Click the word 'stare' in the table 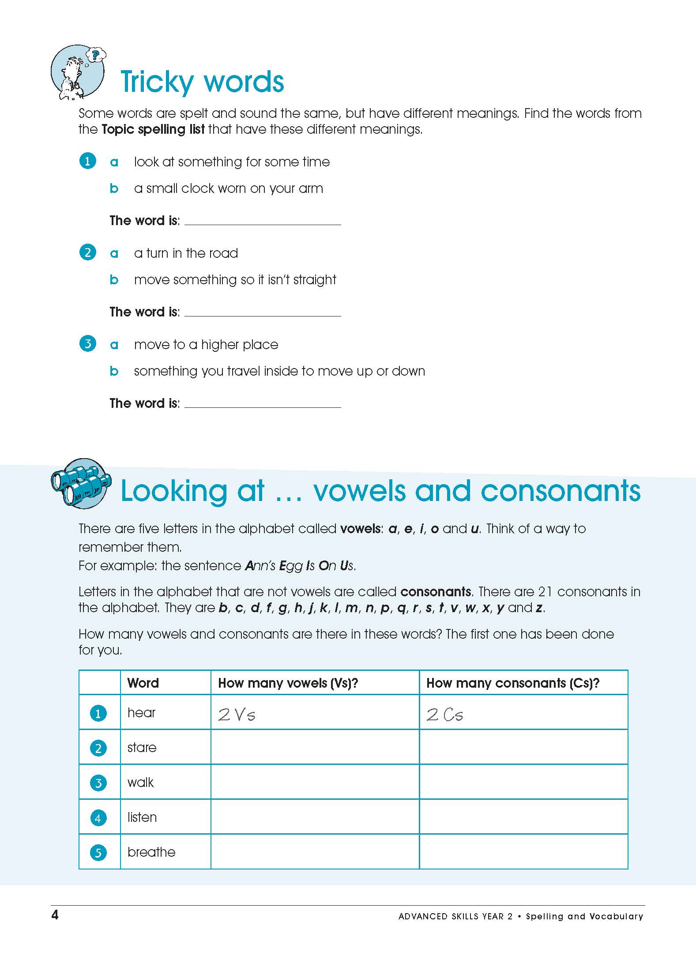[142, 748]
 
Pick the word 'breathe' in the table [151, 852]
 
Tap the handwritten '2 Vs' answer [237, 715]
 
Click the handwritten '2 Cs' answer [445, 715]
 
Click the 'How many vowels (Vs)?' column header [288, 683]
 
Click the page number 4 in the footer [55, 915]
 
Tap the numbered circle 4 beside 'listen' [98, 818]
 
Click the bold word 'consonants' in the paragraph [436, 592]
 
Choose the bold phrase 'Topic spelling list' [153, 129]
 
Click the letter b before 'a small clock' [114, 188]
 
